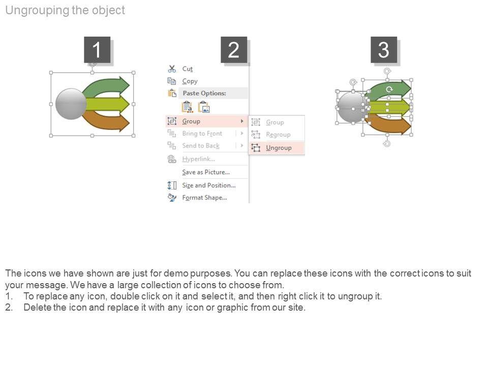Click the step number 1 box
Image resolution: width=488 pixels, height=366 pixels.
point(97,50)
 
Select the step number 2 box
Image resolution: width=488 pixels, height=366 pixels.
point(234,50)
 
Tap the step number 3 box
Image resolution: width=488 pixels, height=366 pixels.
point(384,50)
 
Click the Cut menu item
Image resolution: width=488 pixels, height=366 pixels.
point(188,69)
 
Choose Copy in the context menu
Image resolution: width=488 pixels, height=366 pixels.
point(190,81)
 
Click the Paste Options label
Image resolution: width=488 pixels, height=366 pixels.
point(204,93)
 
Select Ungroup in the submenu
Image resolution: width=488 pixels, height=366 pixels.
point(279,148)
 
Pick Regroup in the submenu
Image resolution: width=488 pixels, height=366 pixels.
point(278,135)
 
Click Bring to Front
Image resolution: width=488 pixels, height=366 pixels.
point(202,134)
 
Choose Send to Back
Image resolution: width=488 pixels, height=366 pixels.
point(201,146)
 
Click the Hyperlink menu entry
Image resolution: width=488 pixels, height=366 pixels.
point(199,159)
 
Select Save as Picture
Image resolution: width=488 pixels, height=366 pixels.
point(206,172)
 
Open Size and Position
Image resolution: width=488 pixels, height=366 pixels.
point(209,185)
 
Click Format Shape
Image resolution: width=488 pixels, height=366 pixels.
point(204,198)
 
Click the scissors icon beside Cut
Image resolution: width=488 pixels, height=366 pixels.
point(172,69)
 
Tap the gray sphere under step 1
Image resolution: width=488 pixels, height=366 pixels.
point(71,104)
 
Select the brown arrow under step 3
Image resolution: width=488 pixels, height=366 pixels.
point(389,124)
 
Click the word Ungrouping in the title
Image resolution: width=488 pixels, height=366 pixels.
point(37,10)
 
